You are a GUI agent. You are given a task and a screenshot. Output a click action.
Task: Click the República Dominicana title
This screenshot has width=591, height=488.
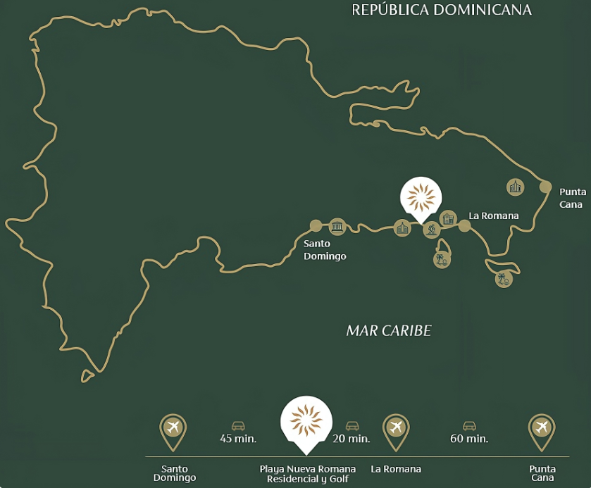point(441,10)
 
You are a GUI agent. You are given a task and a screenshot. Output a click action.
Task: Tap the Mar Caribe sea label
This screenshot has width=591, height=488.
point(388,331)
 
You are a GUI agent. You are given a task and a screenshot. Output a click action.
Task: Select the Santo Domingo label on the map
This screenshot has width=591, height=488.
point(325,250)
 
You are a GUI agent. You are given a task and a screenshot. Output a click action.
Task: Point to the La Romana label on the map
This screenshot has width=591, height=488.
point(494,215)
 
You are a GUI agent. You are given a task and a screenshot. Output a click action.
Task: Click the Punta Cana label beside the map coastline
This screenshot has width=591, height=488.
point(572,198)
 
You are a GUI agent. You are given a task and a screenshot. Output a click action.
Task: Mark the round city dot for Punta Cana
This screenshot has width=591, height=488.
point(545,187)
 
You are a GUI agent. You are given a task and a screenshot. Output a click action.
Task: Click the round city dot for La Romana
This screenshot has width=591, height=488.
point(464,226)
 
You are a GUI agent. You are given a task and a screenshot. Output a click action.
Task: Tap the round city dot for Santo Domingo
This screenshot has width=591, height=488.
point(316,226)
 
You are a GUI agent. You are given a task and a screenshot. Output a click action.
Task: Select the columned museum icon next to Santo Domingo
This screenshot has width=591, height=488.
point(337,226)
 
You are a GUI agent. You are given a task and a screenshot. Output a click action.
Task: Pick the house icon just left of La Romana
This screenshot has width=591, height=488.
point(448,218)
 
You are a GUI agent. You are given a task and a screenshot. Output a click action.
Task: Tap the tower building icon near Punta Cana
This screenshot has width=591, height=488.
point(516,187)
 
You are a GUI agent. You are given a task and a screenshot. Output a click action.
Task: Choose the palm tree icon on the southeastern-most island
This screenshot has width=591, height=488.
point(504,280)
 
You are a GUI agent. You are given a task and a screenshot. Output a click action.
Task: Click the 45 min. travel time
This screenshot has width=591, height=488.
point(238,439)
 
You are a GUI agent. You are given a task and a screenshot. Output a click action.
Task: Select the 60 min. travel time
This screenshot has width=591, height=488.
point(469,439)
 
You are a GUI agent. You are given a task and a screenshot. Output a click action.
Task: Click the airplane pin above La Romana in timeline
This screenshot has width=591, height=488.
point(396,428)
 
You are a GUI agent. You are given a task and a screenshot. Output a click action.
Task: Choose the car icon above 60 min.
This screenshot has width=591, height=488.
point(469,425)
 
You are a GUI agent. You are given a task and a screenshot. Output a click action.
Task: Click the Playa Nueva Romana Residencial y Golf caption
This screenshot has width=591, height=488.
point(307,474)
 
